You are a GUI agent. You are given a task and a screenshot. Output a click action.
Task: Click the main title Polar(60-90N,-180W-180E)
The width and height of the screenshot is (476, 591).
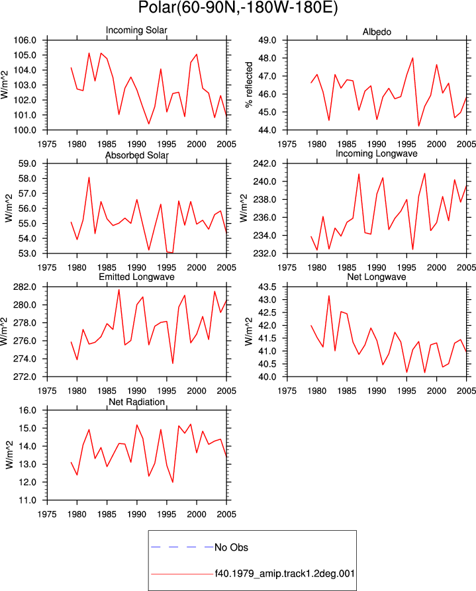pyautogui.click(x=238, y=7)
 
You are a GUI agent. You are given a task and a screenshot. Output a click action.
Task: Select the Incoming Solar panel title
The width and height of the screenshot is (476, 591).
pyautogui.click(x=136, y=30)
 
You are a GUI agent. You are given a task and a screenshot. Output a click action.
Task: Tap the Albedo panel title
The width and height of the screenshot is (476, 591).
pyautogui.click(x=377, y=32)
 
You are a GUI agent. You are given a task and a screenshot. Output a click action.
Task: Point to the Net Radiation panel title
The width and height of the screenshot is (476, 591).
pyautogui.click(x=136, y=402)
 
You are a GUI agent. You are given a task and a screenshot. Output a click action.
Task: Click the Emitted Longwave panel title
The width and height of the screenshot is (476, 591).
pyautogui.click(x=136, y=277)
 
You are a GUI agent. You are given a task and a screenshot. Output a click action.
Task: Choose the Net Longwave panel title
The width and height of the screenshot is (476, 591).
pyautogui.click(x=377, y=277)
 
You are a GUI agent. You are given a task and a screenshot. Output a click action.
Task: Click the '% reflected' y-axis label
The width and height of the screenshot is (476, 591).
pyautogui.click(x=249, y=85)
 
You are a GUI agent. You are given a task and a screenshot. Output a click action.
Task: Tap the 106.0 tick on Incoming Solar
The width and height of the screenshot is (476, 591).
pyautogui.click(x=25, y=40)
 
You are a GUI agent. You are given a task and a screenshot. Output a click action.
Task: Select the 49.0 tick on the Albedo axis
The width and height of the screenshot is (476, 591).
pyautogui.click(x=267, y=40)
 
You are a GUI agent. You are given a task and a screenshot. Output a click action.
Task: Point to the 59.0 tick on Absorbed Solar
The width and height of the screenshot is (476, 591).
pyautogui.click(x=27, y=163)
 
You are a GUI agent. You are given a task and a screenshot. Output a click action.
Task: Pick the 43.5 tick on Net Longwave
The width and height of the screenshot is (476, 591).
pyautogui.click(x=267, y=287)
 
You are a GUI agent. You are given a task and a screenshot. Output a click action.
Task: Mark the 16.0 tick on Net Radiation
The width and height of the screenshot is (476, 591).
pyautogui.click(x=27, y=410)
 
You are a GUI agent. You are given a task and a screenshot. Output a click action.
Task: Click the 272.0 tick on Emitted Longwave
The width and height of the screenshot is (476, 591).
pyautogui.click(x=25, y=377)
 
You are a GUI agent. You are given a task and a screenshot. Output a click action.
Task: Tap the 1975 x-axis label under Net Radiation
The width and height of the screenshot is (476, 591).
pyautogui.click(x=47, y=514)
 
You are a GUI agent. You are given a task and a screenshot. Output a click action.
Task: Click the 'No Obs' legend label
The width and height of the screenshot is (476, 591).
pyautogui.click(x=231, y=547)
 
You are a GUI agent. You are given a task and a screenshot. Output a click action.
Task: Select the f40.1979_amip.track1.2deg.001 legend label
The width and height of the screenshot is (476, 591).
pyautogui.click(x=285, y=574)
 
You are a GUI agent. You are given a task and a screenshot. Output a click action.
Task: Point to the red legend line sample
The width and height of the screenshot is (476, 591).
pyautogui.click(x=182, y=574)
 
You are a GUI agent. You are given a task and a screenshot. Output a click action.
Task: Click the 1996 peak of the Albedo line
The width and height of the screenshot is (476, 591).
pyautogui.click(x=412, y=58)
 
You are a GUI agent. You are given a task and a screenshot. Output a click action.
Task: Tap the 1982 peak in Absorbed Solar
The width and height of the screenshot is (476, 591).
pyautogui.click(x=89, y=177)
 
